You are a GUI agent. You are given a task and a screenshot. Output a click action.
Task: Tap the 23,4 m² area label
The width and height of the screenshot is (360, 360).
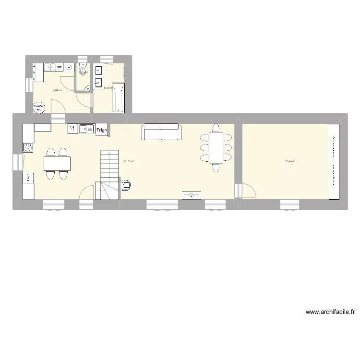pyautogui.click(x=289, y=161)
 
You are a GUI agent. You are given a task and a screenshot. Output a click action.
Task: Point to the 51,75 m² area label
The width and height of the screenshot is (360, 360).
pyautogui.click(x=129, y=161)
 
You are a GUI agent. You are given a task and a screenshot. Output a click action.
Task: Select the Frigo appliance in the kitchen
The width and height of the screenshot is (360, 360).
pyautogui.click(x=102, y=130)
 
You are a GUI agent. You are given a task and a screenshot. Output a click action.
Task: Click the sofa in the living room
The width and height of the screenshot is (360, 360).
pyautogui.click(x=161, y=132)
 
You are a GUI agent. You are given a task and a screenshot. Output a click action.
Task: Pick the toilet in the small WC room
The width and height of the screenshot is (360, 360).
pyautogui.click(x=84, y=70)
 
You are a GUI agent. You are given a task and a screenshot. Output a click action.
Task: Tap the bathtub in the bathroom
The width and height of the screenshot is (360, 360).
pyautogui.click(x=118, y=97)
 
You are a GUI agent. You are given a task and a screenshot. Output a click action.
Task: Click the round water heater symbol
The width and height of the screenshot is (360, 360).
pyautogui.click(x=39, y=108)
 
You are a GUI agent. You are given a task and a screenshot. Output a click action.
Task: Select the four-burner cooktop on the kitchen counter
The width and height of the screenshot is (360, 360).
pyautogui.click(x=27, y=146)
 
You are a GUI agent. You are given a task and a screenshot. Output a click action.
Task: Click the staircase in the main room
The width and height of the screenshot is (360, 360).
pyautogui.click(x=109, y=175)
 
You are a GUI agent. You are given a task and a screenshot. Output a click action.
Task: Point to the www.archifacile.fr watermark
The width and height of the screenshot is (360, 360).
pyautogui.click(x=330, y=312)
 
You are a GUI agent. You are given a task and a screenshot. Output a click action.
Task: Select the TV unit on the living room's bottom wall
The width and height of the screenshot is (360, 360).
pyautogui.click(x=191, y=194)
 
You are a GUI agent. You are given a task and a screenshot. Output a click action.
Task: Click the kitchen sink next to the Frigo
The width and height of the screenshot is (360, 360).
pyautogui.click(x=87, y=129)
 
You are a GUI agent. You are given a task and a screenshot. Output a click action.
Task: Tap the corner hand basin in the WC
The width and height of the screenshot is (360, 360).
pyautogui.click(x=86, y=87)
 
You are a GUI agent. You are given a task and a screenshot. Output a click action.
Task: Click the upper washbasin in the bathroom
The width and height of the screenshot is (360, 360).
pyautogui.click(x=98, y=69)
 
